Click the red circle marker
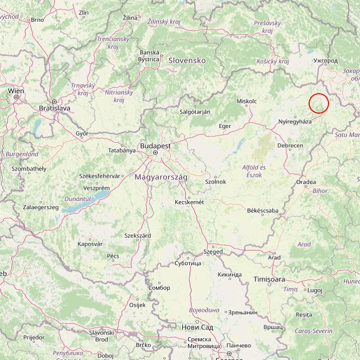click(319, 103)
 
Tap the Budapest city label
click(155, 146)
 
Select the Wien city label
click(16, 90)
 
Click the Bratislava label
click(54, 107)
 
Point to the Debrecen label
click(290, 146)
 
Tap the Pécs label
click(113, 255)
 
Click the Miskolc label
click(246, 101)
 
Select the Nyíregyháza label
click(295, 122)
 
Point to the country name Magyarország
click(161, 177)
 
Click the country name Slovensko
click(186, 60)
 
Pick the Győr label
click(82, 133)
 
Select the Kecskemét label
click(189, 202)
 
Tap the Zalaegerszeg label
click(41, 207)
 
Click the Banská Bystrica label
click(149, 55)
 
